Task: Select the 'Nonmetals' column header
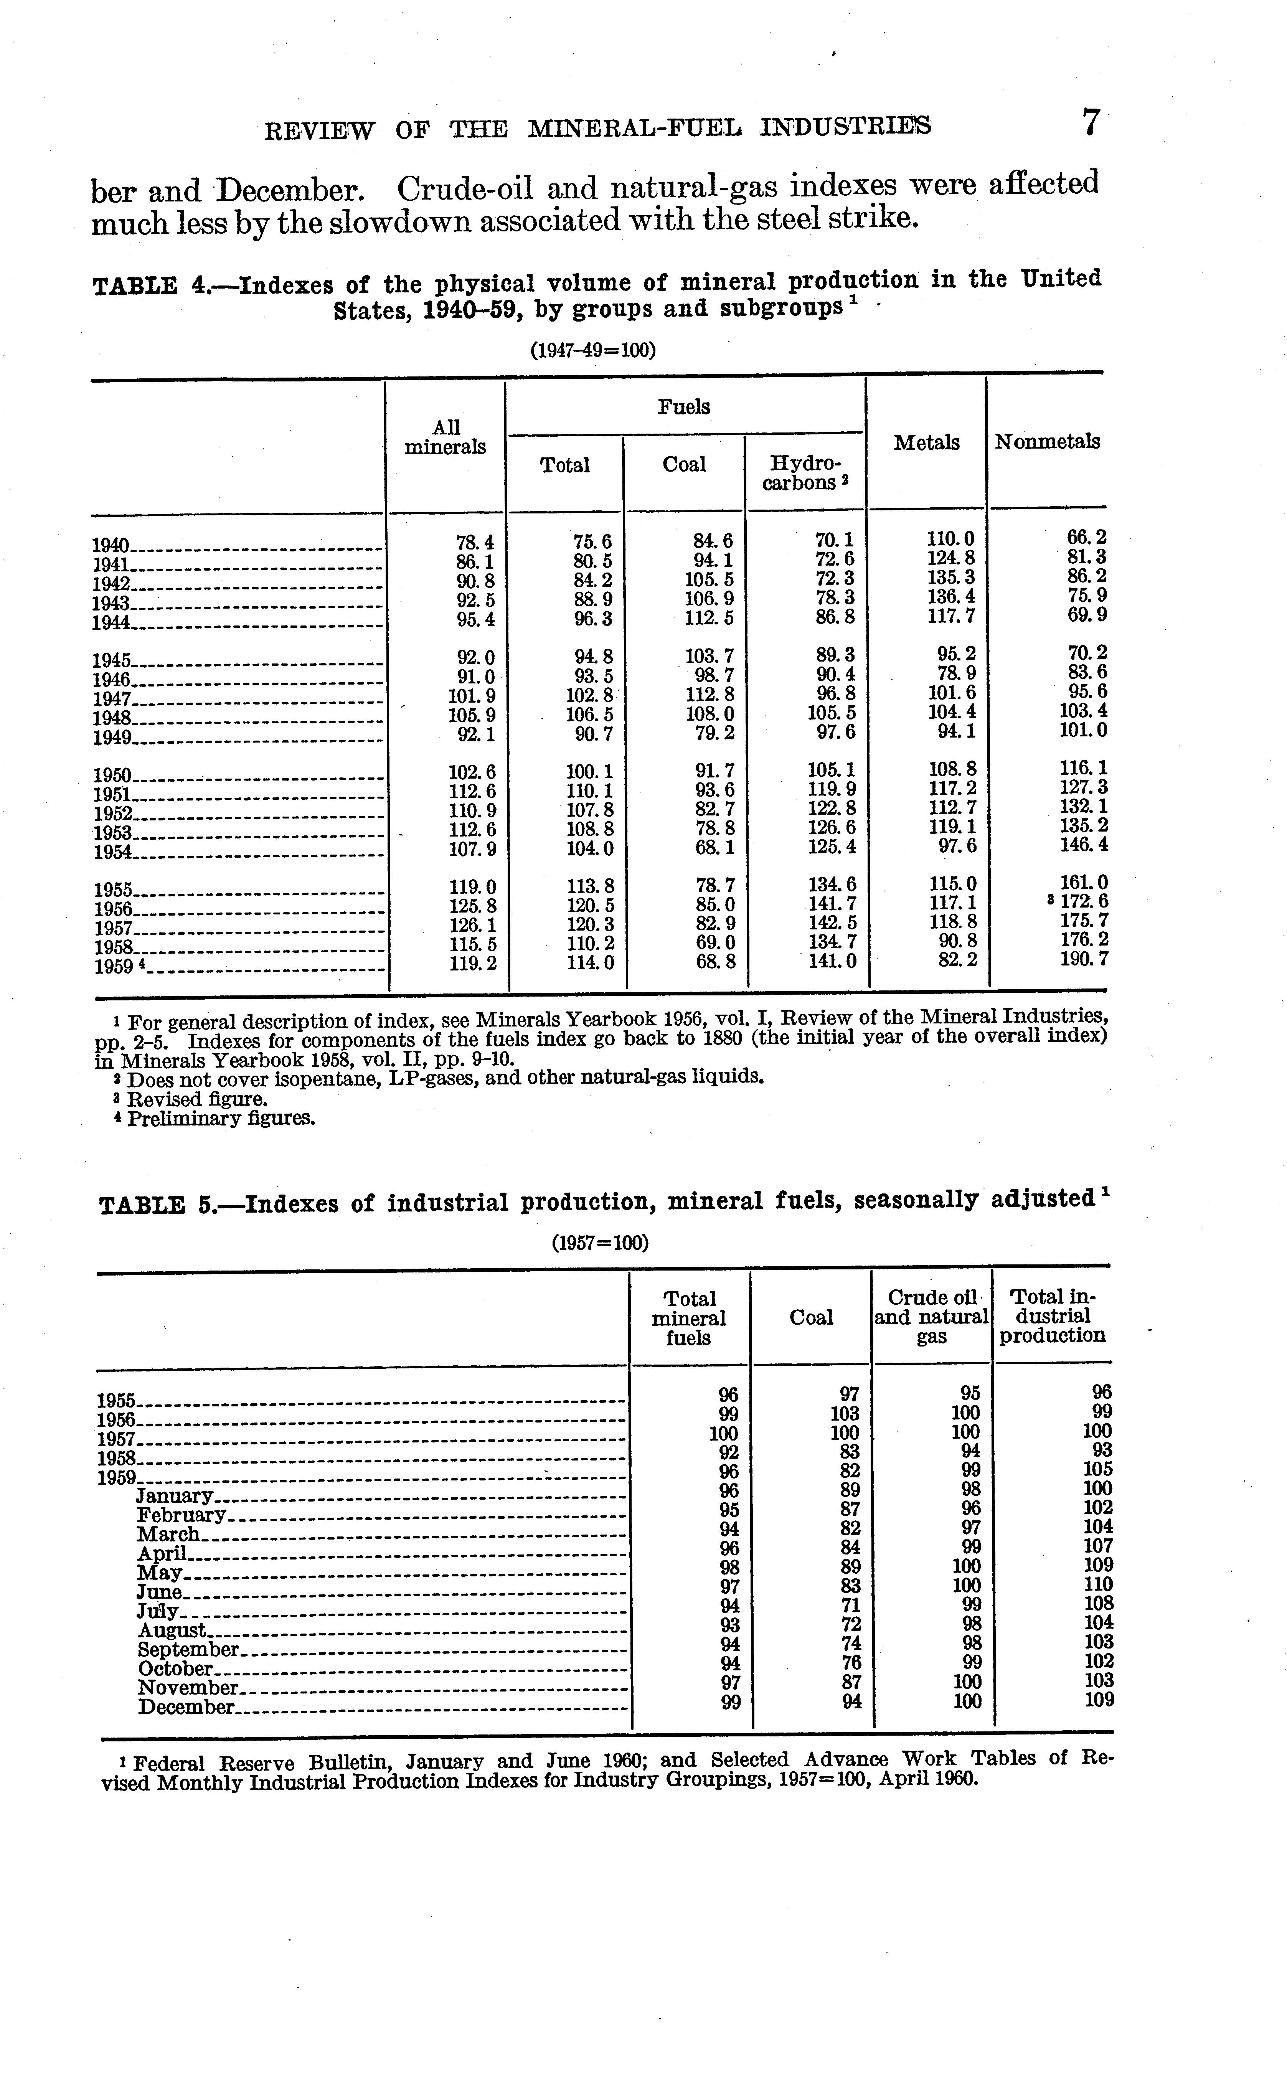(1047, 442)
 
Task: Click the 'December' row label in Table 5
(186, 1708)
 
